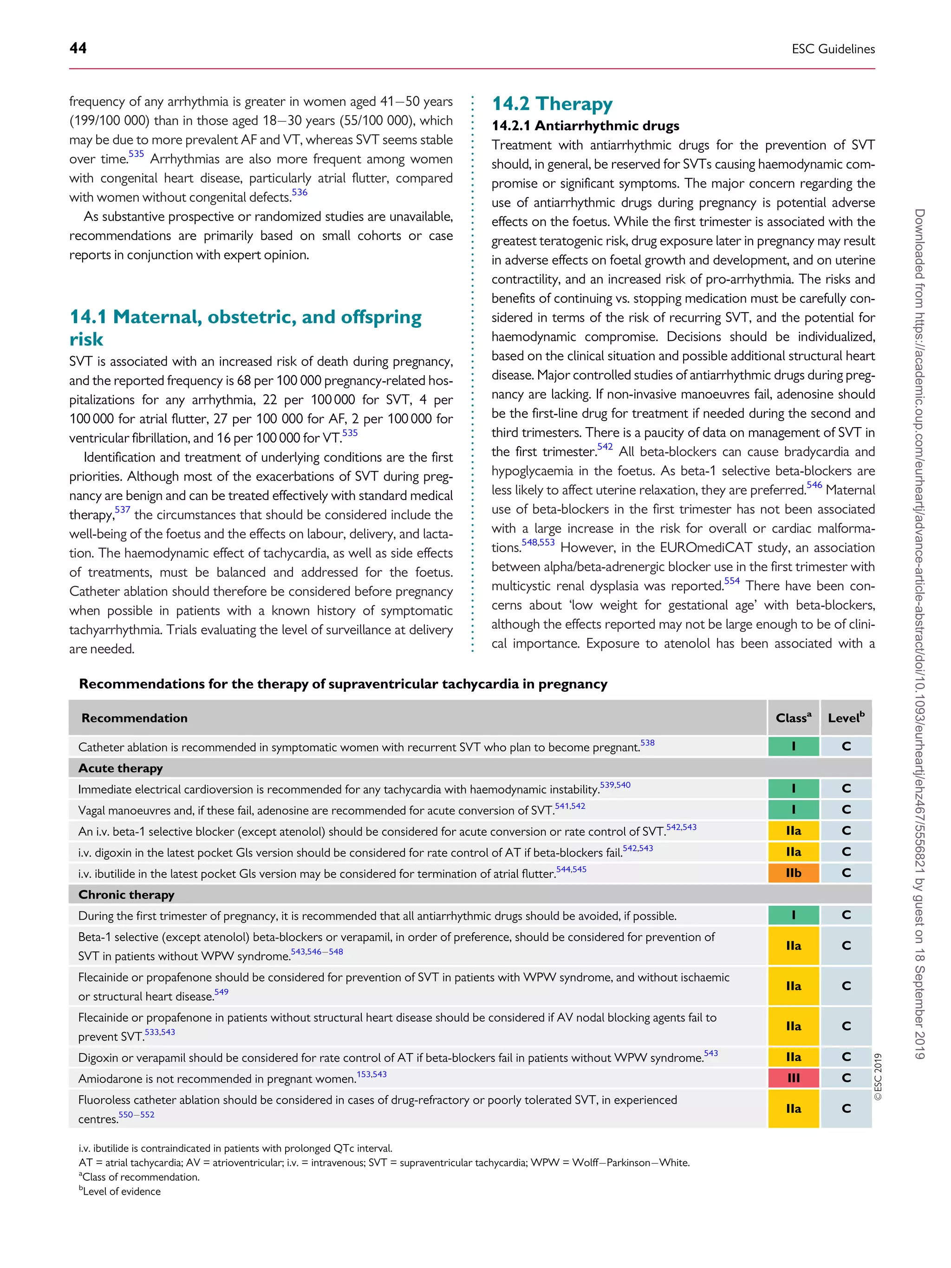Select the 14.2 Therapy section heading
[552, 104]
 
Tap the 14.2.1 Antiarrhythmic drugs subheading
[585, 125]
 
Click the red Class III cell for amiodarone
[793, 1078]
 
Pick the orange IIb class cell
[793, 873]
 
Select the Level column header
[846, 718]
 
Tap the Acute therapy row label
[120, 768]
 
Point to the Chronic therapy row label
[126, 895]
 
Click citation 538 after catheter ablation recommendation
[647, 743]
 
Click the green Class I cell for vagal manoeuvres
[793, 809]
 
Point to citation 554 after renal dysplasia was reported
[731, 581]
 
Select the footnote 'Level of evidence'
[121, 1191]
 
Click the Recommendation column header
[134, 718]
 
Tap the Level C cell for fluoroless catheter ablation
[846, 1109]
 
